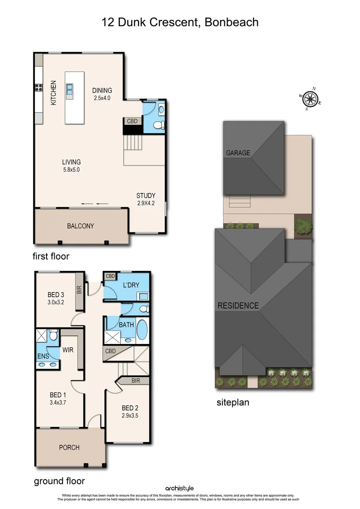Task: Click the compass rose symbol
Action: pyautogui.click(x=310, y=99)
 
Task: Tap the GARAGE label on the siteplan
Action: pyautogui.click(x=238, y=153)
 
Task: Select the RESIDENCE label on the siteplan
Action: pyautogui.click(x=238, y=305)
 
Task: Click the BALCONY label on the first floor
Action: pyautogui.click(x=80, y=226)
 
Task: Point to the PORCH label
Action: pyautogui.click(x=69, y=447)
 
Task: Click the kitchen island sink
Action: pyautogui.click(x=70, y=89)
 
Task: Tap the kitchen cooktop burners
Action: pyautogui.click(x=38, y=87)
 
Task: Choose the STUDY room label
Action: pyautogui.click(x=146, y=196)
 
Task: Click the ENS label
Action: pyautogui.click(x=43, y=356)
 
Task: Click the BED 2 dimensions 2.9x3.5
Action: pyautogui.click(x=130, y=416)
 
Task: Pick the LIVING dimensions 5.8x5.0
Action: pyautogui.click(x=71, y=170)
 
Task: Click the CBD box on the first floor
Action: pyautogui.click(x=132, y=121)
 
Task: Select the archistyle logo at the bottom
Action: pyautogui.click(x=180, y=488)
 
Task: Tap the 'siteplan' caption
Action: pyautogui.click(x=233, y=402)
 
